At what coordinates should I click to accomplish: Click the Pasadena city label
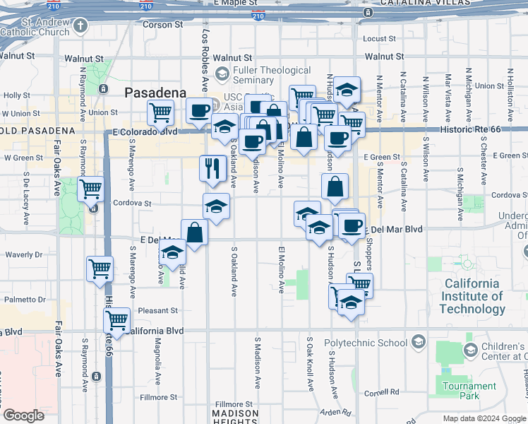click(x=155, y=93)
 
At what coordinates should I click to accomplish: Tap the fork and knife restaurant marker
click(x=212, y=169)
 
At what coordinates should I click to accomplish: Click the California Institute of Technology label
click(x=473, y=296)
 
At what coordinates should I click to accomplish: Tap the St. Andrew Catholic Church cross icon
click(x=80, y=27)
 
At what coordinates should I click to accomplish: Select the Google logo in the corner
click(x=24, y=416)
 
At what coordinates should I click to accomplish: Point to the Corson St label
click(x=163, y=25)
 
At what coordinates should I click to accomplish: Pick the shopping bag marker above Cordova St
click(x=335, y=187)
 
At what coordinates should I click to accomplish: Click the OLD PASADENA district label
click(x=40, y=131)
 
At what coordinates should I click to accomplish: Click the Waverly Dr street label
click(x=23, y=254)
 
